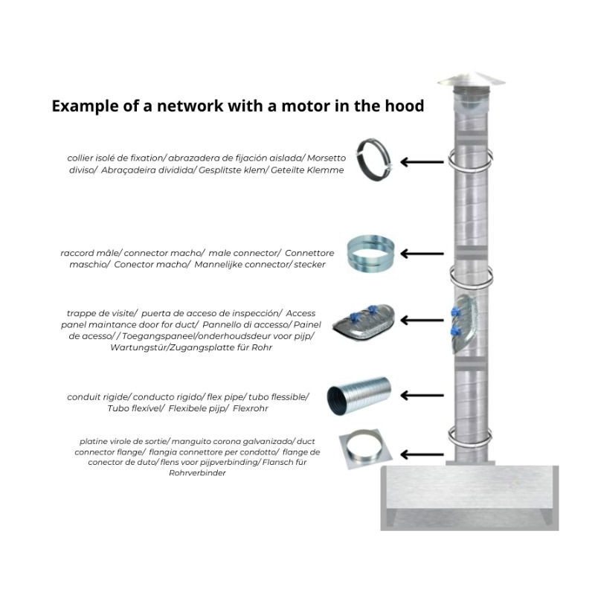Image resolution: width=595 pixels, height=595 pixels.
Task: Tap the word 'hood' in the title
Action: pos(405,106)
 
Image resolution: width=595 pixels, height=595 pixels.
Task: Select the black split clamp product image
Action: pos(374,159)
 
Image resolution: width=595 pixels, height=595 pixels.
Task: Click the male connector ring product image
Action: pos(370,254)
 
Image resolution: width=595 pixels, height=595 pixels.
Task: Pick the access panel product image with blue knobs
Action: pos(364,323)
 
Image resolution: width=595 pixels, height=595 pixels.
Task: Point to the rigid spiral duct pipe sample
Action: pos(358,396)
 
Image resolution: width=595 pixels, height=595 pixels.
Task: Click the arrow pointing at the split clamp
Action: pos(422,162)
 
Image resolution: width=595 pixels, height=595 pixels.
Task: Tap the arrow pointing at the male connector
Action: pos(422,254)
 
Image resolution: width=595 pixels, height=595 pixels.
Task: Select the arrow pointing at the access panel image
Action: pos(422,321)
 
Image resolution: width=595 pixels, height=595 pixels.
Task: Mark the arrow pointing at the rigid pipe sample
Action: pos(422,396)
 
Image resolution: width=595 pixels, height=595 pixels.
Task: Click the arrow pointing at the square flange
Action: pos(422,454)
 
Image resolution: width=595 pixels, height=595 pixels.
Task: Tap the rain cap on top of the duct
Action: pos(471,80)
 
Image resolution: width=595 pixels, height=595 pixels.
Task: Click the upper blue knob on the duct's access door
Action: pos(455,312)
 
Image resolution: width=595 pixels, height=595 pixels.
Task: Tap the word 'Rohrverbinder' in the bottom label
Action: pos(197,473)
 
